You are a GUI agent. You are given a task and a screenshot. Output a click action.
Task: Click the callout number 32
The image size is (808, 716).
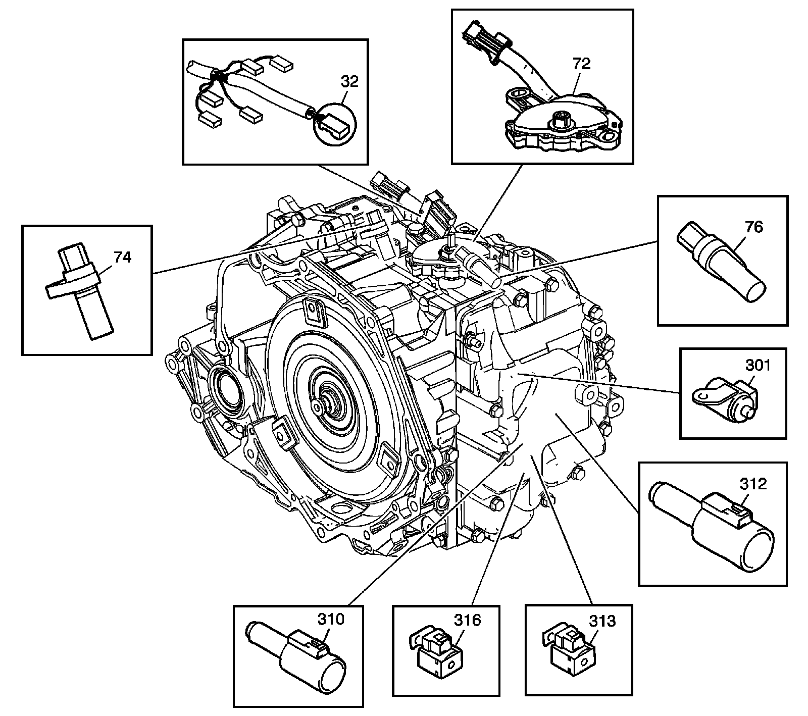[349, 81]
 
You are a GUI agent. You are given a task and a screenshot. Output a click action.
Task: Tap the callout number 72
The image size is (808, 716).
[582, 64]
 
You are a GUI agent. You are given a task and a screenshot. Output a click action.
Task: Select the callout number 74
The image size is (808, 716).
[123, 257]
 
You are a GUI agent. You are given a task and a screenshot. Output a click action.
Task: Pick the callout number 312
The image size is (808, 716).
[753, 484]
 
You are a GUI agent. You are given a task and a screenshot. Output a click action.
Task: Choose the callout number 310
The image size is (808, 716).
[330, 619]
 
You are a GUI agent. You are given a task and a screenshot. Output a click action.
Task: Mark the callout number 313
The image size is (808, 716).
[602, 621]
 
